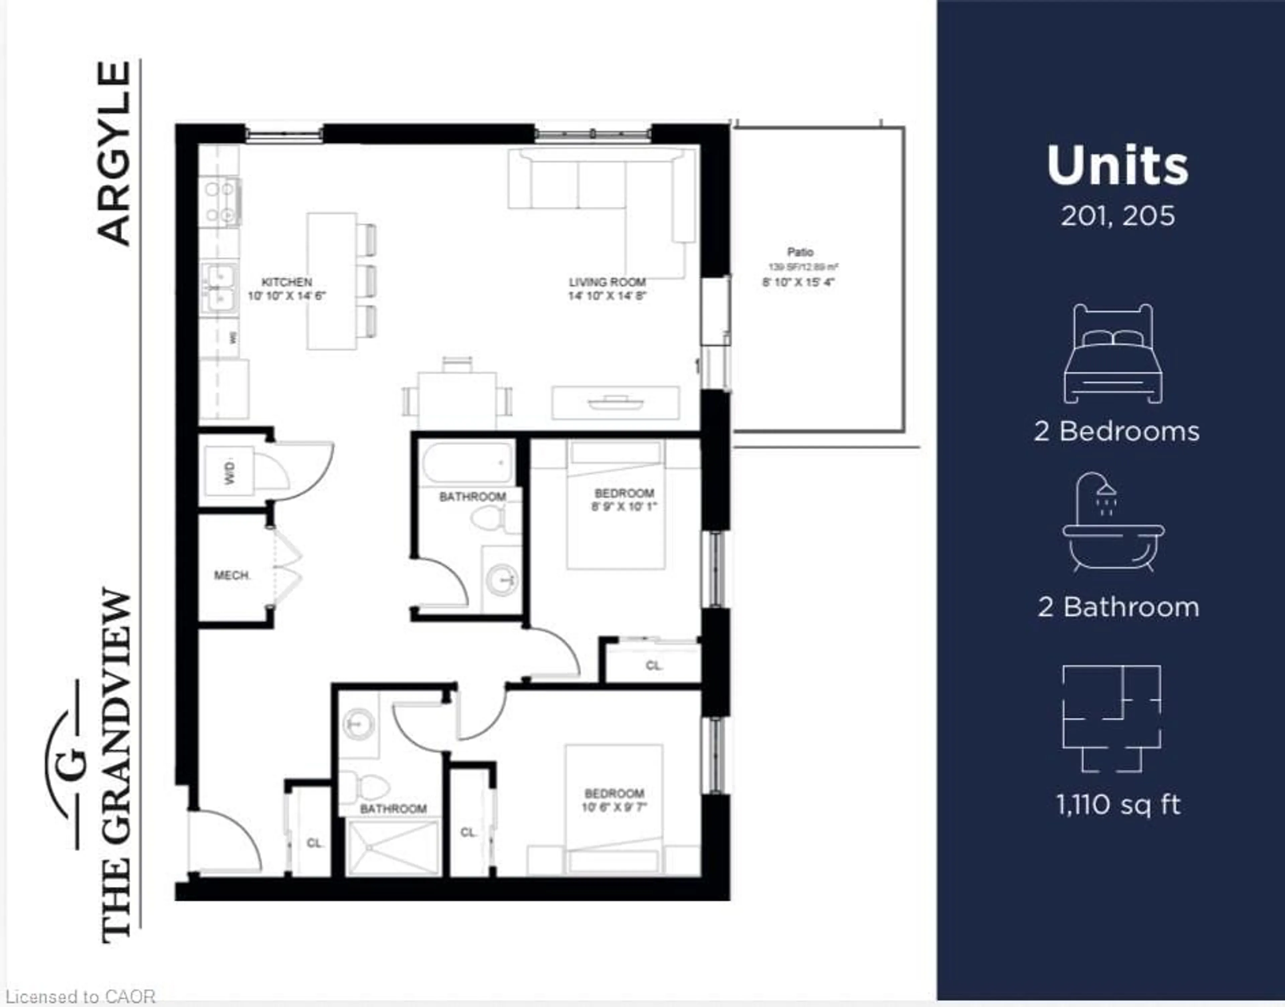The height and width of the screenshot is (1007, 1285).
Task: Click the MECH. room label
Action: coord(232,575)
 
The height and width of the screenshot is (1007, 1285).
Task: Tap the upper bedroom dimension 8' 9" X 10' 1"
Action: coord(624,506)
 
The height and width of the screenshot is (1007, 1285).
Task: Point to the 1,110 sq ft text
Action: coord(1118,805)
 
